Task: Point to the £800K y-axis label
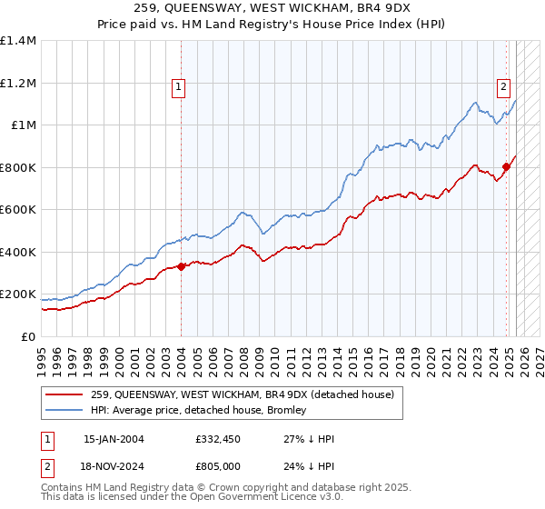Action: point(18,167)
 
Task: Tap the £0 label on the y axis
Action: point(27,336)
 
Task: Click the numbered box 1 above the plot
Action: point(179,87)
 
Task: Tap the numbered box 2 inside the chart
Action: point(503,87)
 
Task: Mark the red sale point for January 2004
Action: point(181,266)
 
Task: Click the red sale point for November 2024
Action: point(506,166)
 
